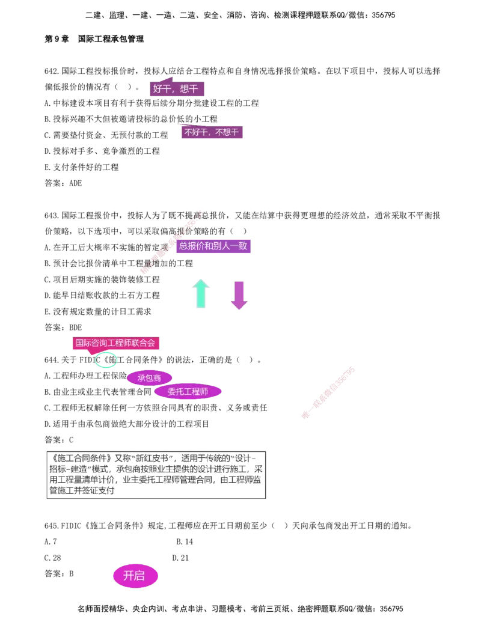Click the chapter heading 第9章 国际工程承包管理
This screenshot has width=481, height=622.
(x=94, y=39)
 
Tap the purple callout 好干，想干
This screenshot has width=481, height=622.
(x=177, y=88)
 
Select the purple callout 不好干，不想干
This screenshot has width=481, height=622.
(x=212, y=132)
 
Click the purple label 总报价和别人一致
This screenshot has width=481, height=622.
(x=213, y=246)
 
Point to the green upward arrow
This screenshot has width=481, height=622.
(x=201, y=293)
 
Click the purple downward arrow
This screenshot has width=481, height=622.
(x=239, y=295)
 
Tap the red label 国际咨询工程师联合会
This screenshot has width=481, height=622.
(x=115, y=343)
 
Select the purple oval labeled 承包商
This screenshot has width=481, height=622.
(x=149, y=378)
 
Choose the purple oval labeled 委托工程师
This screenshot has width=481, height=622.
(x=188, y=392)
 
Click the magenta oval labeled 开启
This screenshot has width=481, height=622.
(x=135, y=576)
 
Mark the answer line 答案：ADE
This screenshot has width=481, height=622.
(x=63, y=183)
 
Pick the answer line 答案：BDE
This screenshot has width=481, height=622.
(x=63, y=328)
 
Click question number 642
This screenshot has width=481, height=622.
(x=52, y=71)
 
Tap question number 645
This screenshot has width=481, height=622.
(x=52, y=526)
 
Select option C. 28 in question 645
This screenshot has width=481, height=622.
(x=53, y=558)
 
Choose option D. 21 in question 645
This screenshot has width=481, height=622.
(x=180, y=558)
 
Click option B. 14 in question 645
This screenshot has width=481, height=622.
(x=185, y=542)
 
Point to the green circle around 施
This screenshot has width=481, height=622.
(x=106, y=359)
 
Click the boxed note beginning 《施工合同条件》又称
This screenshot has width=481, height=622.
(x=156, y=475)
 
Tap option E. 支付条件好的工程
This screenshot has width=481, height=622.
(x=81, y=168)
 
